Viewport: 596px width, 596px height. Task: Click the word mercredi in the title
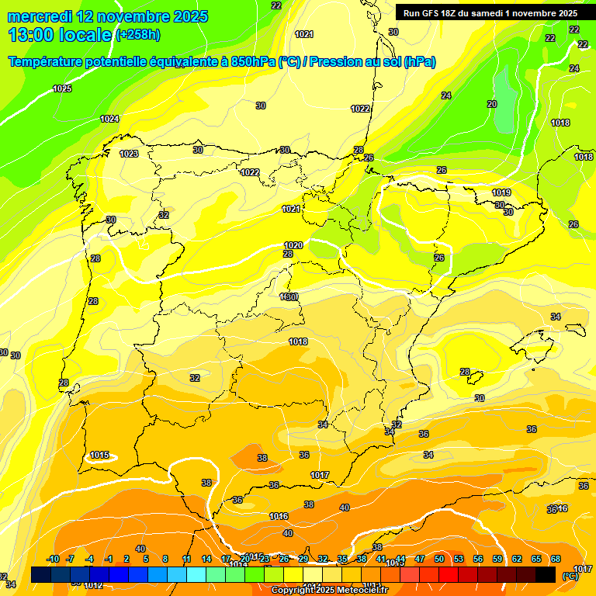click(40, 16)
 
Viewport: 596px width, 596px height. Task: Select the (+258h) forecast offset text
click(138, 34)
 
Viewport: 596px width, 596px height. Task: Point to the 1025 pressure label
click(62, 89)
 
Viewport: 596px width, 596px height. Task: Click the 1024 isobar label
click(109, 119)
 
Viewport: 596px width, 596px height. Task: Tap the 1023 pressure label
click(129, 154)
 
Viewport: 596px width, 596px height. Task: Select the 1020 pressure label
click(293, 245)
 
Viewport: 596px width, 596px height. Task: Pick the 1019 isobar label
click(501, 192)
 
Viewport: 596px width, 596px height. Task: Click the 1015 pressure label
click(99, 455)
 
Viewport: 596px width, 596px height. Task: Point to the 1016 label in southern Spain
click(279, 516)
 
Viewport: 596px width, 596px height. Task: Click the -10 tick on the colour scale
click(53, 559)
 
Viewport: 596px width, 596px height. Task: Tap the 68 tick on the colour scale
click(556, 559)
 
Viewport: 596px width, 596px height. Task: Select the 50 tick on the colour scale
click(439, 559)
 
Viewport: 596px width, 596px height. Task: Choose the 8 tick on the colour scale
click(165, 559)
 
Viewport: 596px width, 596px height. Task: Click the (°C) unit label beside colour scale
click(570, 576)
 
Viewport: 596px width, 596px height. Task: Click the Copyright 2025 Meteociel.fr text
click(329, 591)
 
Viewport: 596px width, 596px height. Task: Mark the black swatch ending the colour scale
click(546, 574)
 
